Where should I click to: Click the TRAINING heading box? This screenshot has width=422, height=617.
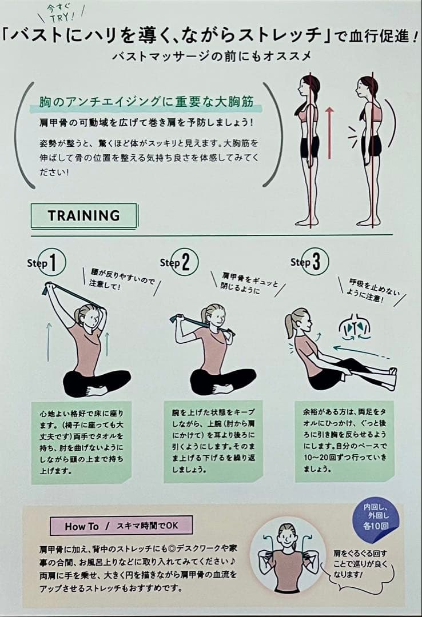coord(84,215)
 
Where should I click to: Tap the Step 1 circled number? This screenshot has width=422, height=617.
coord(53,262)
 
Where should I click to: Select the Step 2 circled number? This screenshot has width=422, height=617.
coord(186,262)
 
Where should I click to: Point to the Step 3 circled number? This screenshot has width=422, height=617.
coord(316,261)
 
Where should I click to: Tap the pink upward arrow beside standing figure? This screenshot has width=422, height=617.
coord(329,133)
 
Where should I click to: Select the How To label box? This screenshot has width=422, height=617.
coord(121,526)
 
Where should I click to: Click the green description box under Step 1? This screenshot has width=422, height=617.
coord(81,442)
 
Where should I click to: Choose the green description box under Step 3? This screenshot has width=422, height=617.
coord(344,441)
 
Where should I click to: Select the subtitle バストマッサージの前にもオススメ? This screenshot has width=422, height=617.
coord(211,56)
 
